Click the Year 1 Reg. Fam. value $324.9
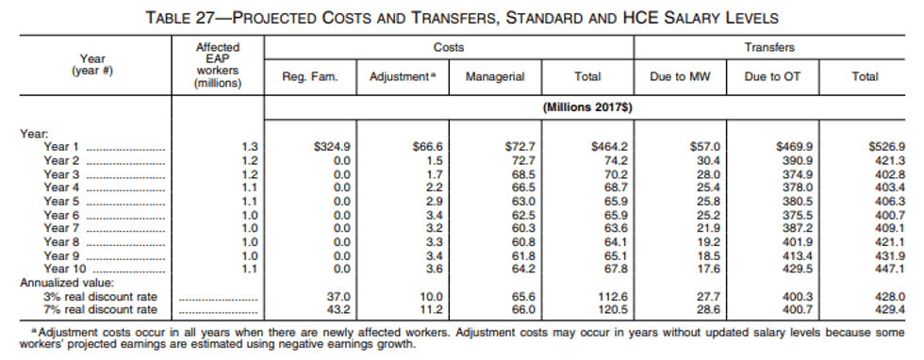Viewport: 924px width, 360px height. coord(332,147)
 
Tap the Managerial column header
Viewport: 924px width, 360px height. coord(495,76)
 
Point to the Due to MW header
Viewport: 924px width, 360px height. coord(680,76)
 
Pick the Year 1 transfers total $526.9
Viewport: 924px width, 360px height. coord(887,147)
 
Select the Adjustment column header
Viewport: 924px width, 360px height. coord(404,76)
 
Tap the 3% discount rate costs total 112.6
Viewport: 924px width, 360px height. coord(614,297)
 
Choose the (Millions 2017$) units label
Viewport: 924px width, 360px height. coord(587,107)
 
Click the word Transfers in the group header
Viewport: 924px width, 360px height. coord(769,47)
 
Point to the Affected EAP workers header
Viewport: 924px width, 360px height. coord(218,65)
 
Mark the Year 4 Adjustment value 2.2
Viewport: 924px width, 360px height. coord(435,188)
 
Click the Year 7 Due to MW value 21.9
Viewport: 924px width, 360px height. coord(708,229)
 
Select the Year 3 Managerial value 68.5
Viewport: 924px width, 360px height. coord(524,175)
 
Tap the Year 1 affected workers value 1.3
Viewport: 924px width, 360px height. coord(250,147)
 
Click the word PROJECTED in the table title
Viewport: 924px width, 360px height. coord(274,18)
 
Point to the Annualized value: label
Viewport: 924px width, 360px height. coord(67,283)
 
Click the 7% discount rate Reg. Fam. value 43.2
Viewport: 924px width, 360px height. coord(338,310)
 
